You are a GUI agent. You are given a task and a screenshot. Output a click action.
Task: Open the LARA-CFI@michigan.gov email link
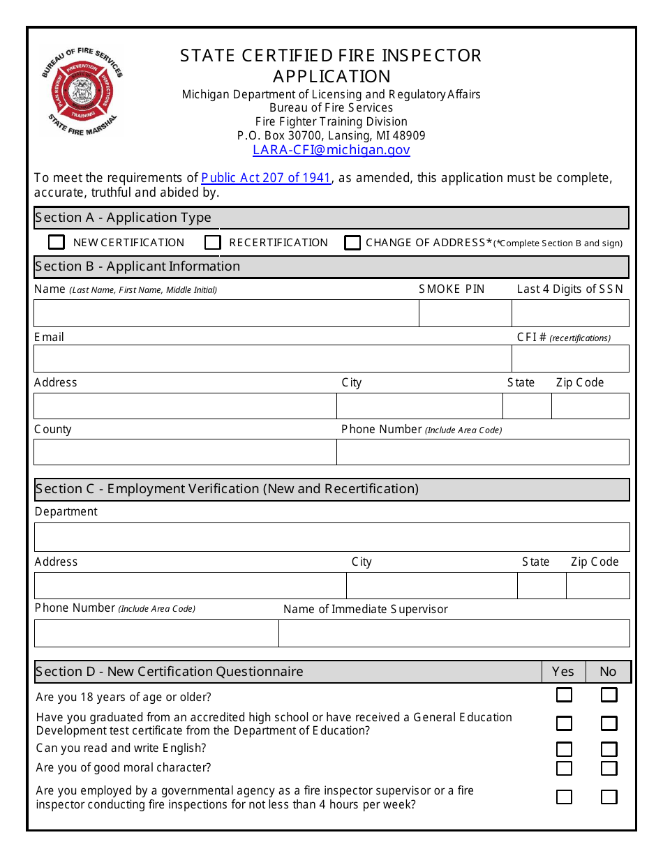331,150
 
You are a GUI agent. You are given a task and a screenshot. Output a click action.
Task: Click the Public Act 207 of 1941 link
266,178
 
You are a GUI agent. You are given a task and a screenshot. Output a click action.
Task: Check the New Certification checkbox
57,242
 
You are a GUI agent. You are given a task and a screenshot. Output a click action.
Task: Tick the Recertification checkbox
213,242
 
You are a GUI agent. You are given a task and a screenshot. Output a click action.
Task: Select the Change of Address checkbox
352,242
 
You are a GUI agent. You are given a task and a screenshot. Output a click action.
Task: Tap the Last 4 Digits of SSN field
570,313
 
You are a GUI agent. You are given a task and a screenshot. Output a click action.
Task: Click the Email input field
272,359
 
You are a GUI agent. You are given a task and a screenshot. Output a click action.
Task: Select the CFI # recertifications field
570,359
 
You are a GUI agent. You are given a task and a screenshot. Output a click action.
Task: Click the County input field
185,452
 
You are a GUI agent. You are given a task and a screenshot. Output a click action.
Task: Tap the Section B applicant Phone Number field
483,452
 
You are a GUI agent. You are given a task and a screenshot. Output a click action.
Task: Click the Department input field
331,537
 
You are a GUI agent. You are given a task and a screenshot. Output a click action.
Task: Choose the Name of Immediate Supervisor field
454,633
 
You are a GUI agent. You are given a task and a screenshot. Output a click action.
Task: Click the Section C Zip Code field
597,586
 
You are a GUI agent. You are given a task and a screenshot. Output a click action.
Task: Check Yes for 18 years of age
564,695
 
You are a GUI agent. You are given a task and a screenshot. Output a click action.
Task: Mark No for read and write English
609,749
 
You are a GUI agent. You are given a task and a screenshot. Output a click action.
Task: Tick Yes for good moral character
564,768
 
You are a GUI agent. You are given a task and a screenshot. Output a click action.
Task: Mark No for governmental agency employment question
609,797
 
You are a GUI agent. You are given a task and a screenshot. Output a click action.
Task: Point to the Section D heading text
170,672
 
